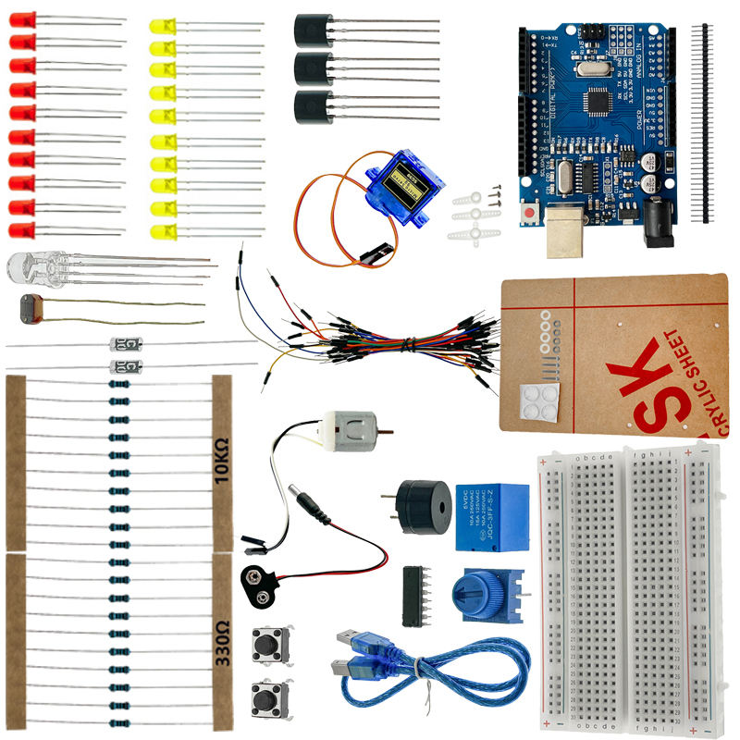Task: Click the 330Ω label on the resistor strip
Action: pyautogui.click(x=221, y=638)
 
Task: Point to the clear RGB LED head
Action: pyautogui.click(x=25, y=268)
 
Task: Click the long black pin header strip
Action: pyautogui.click(x=709, y=120)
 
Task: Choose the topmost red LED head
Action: pyautogui.click(x=22, y=18)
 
